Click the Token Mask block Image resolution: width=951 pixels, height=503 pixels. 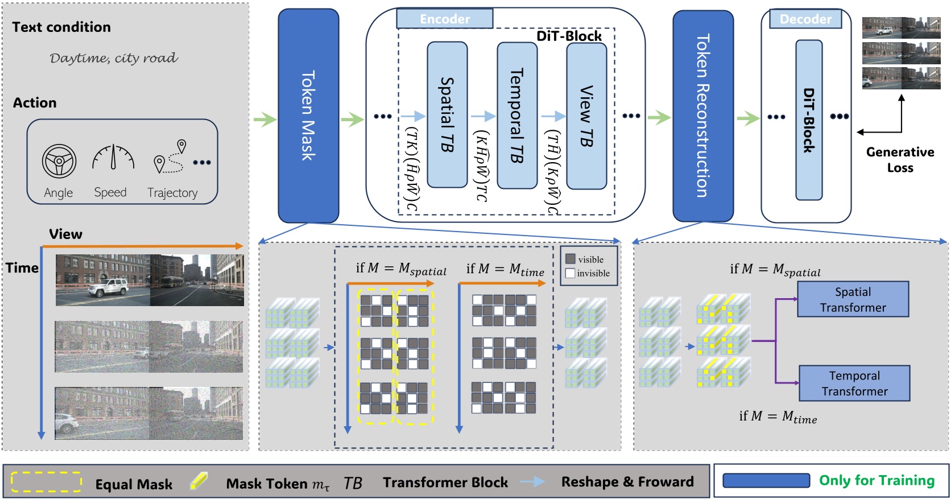pos(308,116)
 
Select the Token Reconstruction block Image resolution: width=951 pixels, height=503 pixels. pos(702,116)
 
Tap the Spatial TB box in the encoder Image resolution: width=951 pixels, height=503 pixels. pos(447,114)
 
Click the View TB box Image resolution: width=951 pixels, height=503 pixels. pos(586,116)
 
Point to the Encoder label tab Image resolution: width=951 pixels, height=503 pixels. pos(444,19)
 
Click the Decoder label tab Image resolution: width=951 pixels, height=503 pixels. pos(805,19)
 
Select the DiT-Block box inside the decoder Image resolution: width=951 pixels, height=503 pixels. pos(808,120)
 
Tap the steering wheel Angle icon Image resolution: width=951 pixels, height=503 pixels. pos(59,161)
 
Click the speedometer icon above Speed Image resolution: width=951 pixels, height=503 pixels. pos(113,158)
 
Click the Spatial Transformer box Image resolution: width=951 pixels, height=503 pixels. pos(853,299)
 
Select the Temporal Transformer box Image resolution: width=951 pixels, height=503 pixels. pos(854,383)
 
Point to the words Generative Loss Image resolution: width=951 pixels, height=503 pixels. pos(900,160)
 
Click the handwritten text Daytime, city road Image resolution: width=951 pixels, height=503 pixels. pos(113,58)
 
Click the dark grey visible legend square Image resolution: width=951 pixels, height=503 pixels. pos(570,259)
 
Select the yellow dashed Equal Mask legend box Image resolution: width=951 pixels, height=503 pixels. pos(46,481)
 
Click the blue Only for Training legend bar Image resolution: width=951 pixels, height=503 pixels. pos(766,481)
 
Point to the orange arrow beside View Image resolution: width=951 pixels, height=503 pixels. pos(142,246)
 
